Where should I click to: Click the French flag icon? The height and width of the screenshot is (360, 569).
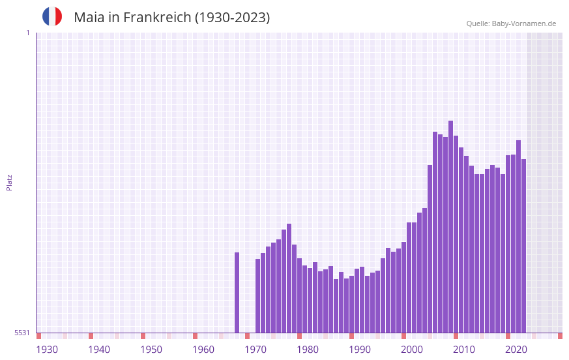tap(52, 17)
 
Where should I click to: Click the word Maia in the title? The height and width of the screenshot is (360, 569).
tap(88, 18)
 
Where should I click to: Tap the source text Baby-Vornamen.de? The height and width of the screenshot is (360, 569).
tap(523, 24)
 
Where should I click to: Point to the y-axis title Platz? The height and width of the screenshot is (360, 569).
tap(9, 182)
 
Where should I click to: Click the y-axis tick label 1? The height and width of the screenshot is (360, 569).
tap(27, 33)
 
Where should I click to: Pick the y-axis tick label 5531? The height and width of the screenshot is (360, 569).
tap(22, 333)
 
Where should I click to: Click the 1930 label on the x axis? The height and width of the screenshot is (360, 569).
tap(47, 350)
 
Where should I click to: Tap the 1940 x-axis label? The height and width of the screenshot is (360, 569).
tap(99, 350)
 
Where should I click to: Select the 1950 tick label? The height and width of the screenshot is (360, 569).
tap(151, 350)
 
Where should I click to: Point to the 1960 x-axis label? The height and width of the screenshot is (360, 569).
tap(203, 350)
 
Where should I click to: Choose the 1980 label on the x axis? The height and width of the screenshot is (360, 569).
tap(308, 350)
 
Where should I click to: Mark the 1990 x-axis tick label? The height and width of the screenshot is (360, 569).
tap(360, 350)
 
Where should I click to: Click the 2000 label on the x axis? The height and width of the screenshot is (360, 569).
tap(412, 350)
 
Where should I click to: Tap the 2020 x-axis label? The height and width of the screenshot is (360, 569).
tap(516, 350)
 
